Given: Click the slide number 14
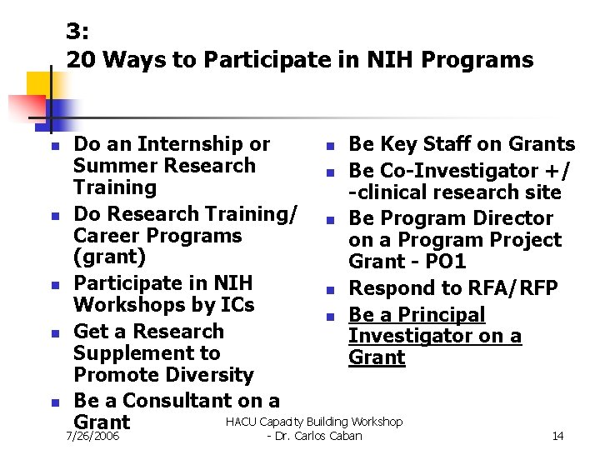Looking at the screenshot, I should point(557,436).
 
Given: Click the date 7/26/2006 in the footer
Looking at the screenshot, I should point(92,436).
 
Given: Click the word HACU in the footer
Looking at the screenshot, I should point(242,422).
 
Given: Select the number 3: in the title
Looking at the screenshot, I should point(78,32).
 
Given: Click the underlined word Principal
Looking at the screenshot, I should point(439,315).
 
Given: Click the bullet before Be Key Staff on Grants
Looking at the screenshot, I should point(330,147).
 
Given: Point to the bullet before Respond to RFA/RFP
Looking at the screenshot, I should point(330,291).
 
